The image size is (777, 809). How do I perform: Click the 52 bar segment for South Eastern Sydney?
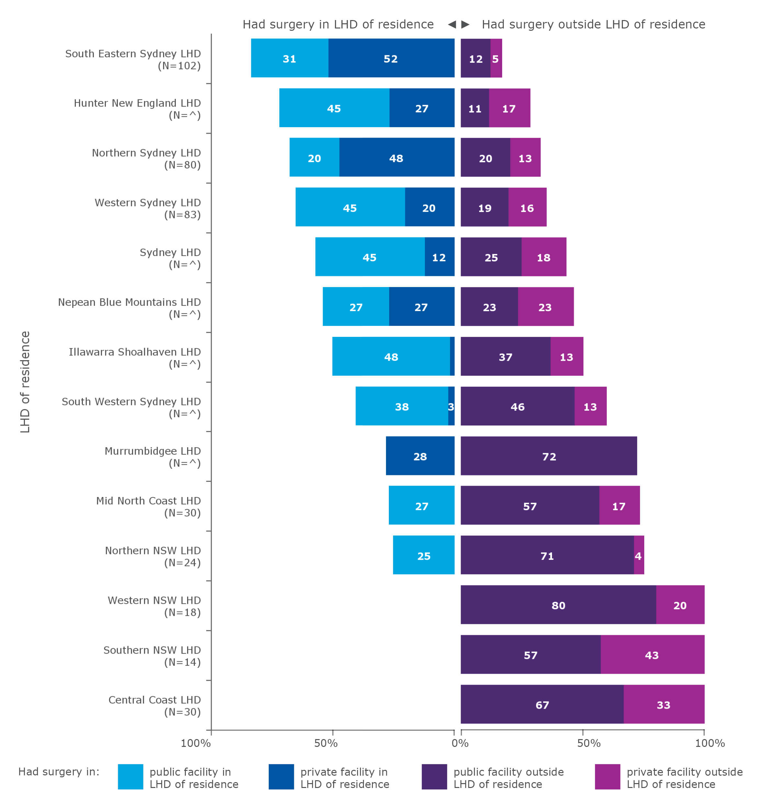[x=390, y=58]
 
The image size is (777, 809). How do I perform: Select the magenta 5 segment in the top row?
[x=495, y=58]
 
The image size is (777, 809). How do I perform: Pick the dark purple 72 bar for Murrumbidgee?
[x=548, y=456]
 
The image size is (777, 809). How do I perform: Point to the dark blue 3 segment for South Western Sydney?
[x=451, y=406]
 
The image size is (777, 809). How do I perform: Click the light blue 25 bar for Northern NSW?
[x=423, y=555]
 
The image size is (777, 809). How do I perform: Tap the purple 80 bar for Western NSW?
[x=558, y=605]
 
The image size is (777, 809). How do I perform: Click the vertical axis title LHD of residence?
[x=25, y=382]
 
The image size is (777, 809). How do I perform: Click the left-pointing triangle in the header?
[x=452, y=24]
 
